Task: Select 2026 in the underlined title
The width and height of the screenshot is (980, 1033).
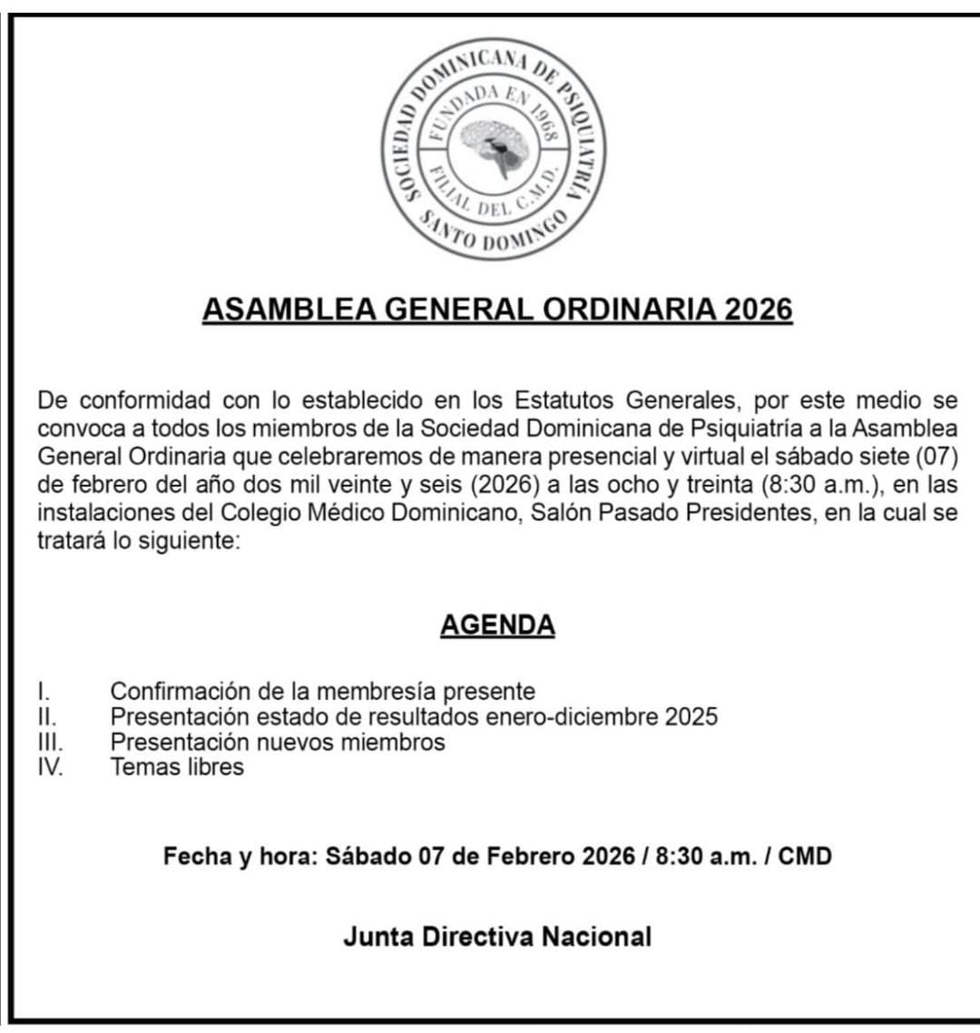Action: coord(759,310)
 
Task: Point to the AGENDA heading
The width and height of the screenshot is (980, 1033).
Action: coord(497,625)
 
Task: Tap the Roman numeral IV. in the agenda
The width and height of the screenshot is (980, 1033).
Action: coord(51,767)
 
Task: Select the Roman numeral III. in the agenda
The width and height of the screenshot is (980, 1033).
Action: coord(50,743)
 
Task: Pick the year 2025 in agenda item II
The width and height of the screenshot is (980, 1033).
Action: coord(691,717)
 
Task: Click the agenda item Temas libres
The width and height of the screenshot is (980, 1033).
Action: coord(177,767)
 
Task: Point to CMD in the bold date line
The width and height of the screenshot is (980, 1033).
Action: coord(805,856)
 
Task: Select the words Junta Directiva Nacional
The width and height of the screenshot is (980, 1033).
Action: coord(497,937)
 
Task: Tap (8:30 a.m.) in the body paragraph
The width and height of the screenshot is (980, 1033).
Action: coord(820,485)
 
